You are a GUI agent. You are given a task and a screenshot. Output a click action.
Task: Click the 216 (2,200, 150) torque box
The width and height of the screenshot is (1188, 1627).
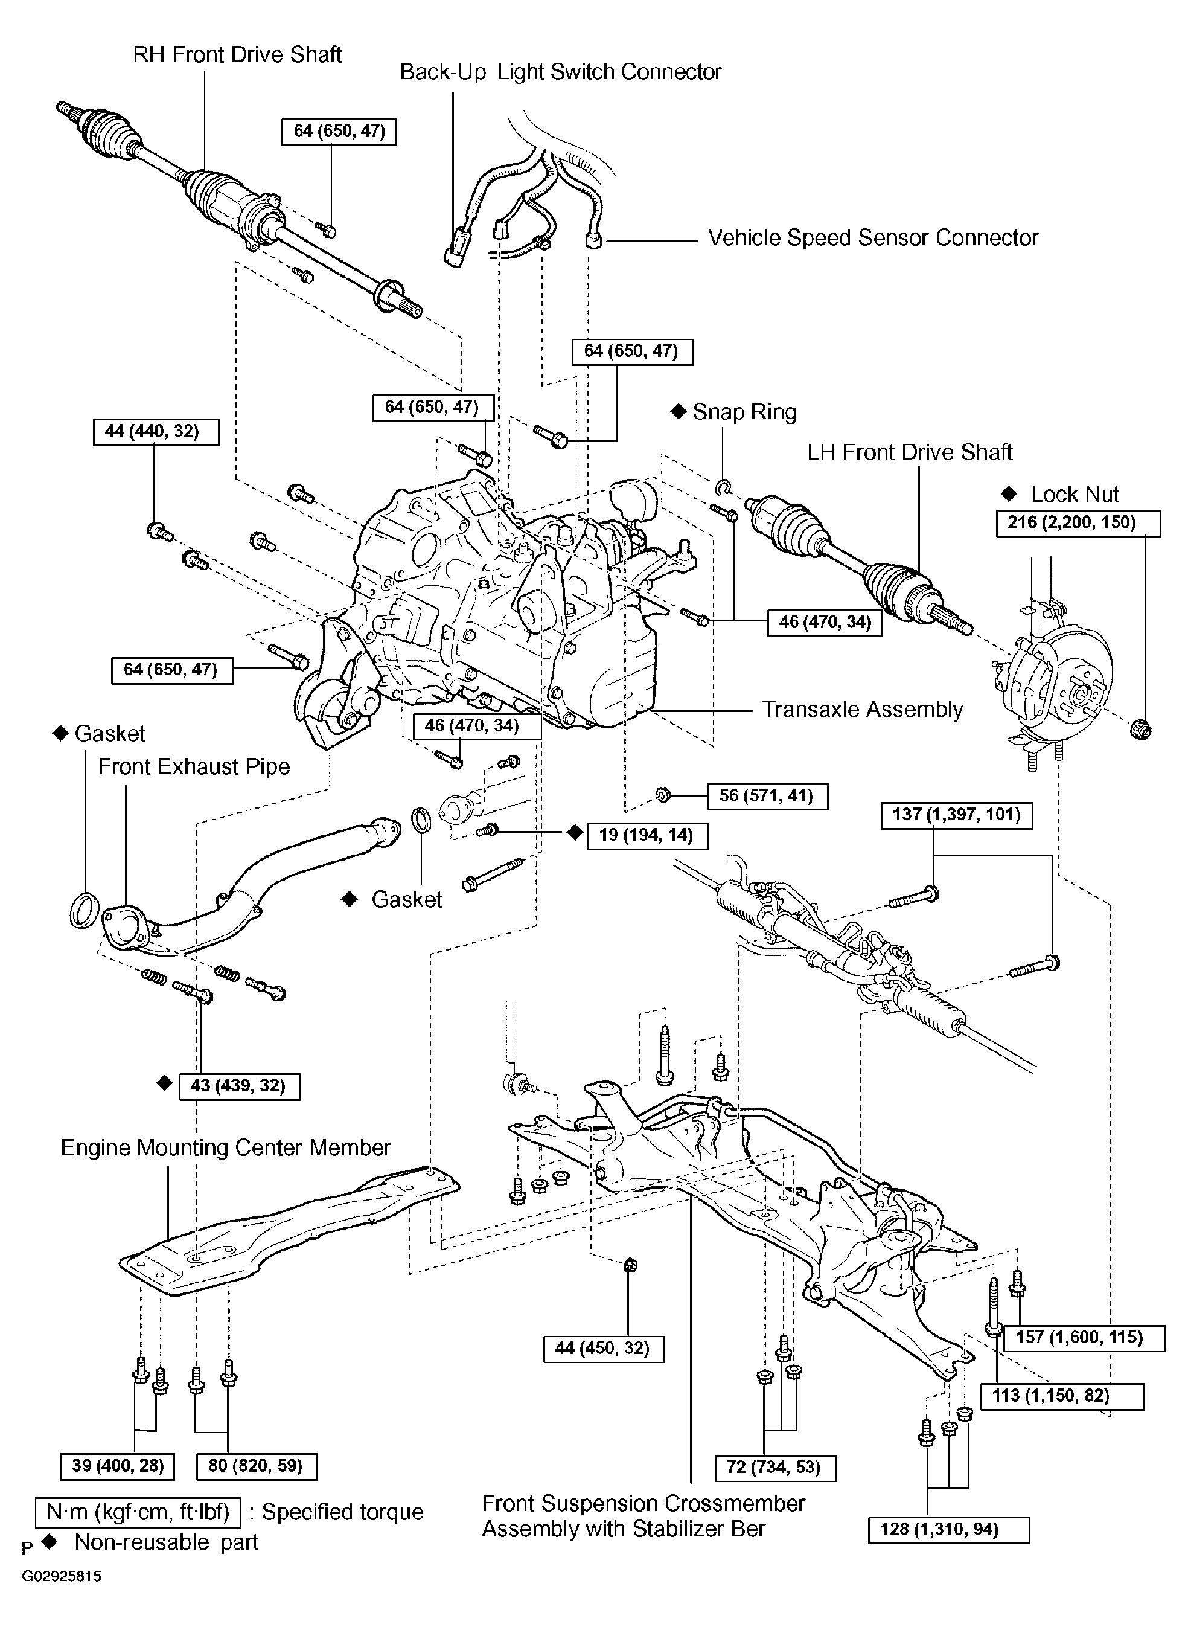[x=1078, y=523]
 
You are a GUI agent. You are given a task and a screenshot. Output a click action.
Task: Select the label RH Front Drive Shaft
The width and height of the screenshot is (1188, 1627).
[x=237, y=55]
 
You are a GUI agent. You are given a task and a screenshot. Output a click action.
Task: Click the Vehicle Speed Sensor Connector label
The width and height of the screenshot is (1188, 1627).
[x=872, y=238]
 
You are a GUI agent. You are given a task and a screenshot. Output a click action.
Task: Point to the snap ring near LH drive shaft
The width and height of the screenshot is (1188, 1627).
[x=723, y=489]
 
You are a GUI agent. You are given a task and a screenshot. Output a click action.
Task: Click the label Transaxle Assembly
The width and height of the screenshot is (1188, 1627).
[x=861, y=709]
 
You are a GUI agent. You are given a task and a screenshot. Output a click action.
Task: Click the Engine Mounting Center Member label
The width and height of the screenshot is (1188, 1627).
[x=225, y=1147]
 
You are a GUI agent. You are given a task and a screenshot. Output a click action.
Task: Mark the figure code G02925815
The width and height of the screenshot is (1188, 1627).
[x=61, y=1577]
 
